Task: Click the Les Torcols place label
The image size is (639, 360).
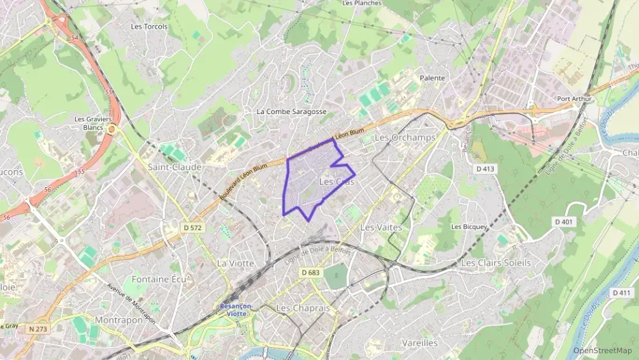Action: click(x=149, y=26)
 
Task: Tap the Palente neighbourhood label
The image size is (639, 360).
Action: click(x=432, y=78)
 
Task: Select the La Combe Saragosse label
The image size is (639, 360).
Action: click(x=292, y=111)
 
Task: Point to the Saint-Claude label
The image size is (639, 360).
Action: click(x=175, y=167)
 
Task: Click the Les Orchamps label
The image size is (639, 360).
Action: click(x=405, y=137)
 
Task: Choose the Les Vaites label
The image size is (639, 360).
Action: click(x=381, y=227)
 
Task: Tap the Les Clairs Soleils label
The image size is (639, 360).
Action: click(x=496, y=262)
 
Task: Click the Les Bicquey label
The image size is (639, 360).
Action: click(x=469, y=227)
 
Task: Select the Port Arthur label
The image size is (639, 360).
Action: click(x=573, y=98)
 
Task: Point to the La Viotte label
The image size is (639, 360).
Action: click(x=236, y=263)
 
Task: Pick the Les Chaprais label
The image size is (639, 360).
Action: click(x=303, y=308)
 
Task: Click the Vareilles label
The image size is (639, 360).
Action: click(x=420, y=342)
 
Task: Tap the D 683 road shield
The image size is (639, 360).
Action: click(x=310, y=273)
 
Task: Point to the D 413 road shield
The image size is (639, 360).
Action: click(x=485, y=168)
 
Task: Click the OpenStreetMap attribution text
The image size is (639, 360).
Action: click(x=603, y=350)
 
